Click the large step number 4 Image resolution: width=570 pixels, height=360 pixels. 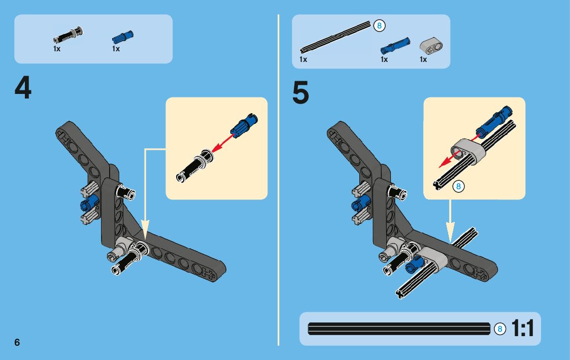pyautogui.click(x=23, y=88)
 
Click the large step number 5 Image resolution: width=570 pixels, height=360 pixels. pyautogui.click(x=300, y=92)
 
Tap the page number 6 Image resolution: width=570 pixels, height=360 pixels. pyautogui.click(x=17, y=342)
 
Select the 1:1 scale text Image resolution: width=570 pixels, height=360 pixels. pyautogui.click(x=523, y=329)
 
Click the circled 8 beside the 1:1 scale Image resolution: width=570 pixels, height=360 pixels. pyautogui.click(x=500, y=329)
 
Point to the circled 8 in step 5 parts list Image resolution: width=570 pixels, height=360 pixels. pyautogui.click(x=379, y=25)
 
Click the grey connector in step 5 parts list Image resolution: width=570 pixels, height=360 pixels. pyautogui.click(x=431, y=46)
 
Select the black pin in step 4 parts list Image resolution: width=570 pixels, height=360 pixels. pyautogui.click(x=68, y=35)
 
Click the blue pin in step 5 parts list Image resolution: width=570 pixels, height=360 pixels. pyautogui.click(x=395, y=46)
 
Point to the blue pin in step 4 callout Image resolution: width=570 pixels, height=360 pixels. pyautogui.click(x=244, y=126)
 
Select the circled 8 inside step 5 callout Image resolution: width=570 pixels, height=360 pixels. pyautogui.click(x=458, y=186)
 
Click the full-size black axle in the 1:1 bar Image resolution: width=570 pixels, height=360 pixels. pyautogui.click(x=399, y=329)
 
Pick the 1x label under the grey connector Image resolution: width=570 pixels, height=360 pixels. pyautogui.click(x=423, y=59)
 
